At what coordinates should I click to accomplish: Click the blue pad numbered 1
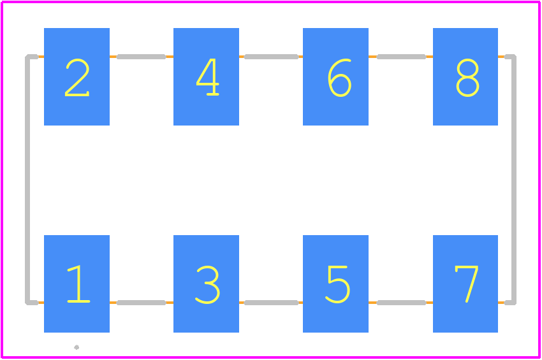[x=77, y=284]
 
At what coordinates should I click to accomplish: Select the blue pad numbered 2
[x=77, y=76]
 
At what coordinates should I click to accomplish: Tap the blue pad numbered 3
[x=206, y=284]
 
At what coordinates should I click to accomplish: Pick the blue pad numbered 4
[x=206, y=76]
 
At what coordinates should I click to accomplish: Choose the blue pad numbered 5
[x=335, y=284]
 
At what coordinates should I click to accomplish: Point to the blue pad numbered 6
[x=335, y=76]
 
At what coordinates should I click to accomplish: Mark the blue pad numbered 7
[x=465, y=284]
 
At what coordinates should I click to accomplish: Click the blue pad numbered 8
[x=465, y=76]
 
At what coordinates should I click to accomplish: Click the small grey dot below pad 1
[x=77, y=347]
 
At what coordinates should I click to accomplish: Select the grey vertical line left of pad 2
[x=27, y=180]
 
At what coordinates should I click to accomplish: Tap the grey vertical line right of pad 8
[x=514, y=180]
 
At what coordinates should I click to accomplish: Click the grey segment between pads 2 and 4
[x=142, y=57]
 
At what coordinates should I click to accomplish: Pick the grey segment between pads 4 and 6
[x=271, y=57]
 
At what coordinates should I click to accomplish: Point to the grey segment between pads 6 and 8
[x=401, y=57]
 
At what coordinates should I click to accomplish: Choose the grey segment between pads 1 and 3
[x=142, y=303]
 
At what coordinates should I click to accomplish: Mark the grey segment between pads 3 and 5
[x=271, y=303]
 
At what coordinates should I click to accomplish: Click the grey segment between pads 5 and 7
[x=401, y=303]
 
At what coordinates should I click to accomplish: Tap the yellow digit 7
[x=467, y=284]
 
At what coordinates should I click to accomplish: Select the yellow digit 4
[x=208, y=77]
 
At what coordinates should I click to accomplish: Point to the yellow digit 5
[x=338, y=284]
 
